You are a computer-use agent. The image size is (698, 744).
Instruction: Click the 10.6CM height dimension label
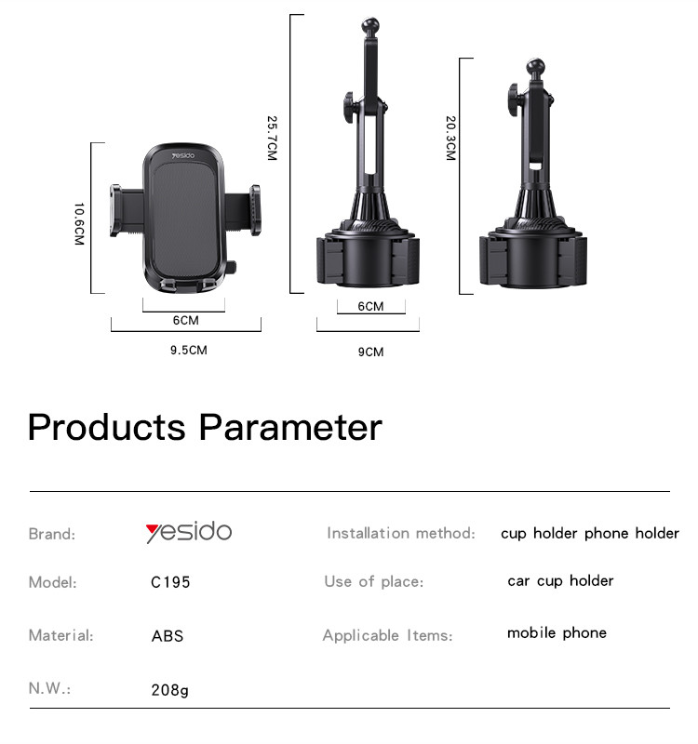[x=79, y=224]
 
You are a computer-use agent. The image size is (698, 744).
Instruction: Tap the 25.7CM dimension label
[x=272, y=138]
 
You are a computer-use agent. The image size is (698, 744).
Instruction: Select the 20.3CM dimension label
[x=450, y=138]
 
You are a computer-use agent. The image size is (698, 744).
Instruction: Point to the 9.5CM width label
[x=189, y=351]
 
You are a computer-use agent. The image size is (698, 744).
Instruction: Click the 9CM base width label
[x=370, y=352]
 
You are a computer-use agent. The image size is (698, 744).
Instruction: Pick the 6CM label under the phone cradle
[x=185, y=320]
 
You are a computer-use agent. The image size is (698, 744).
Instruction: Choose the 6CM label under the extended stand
[x=370, y=307]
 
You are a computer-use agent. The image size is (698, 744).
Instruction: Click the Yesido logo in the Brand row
[x=189, y=532]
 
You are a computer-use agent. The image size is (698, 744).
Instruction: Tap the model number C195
[x=170, y=582]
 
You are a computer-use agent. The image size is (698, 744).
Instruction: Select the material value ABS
[x=168, y=636]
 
